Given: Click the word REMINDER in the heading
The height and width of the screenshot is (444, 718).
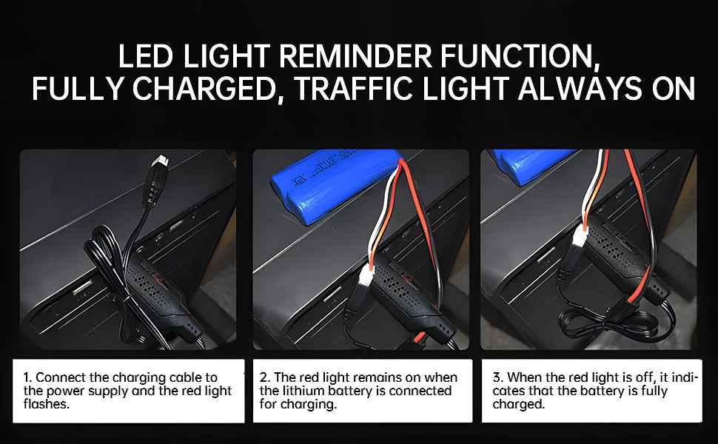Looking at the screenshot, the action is (355, 55).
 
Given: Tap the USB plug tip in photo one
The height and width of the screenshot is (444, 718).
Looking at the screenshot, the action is (161, 161).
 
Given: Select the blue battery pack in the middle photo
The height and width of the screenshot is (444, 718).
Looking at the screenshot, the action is (335, 186).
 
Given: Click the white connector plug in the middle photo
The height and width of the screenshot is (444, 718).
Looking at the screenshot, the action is (367, 277).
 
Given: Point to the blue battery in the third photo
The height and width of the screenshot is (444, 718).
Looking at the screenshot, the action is (531, 165).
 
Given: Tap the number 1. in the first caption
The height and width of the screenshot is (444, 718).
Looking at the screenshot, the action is (27, 377).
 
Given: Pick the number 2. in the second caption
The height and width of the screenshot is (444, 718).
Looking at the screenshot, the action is (265, 377).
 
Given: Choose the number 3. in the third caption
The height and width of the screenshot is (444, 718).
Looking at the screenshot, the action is (498, 377).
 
